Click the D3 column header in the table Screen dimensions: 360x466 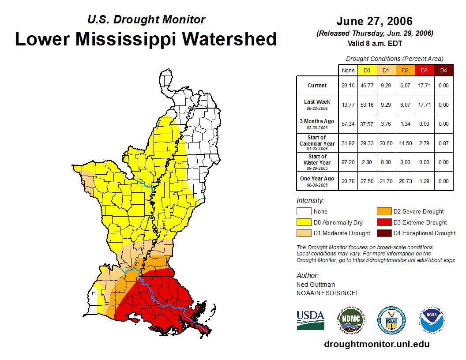tap(424, 70)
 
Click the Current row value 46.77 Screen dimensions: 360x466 tap(367, 86)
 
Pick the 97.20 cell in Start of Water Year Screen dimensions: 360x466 tap(348, 162)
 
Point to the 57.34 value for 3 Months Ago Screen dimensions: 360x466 tap(348, 124)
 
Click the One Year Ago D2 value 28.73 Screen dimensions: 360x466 tap(405, 181)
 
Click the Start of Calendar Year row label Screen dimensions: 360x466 tap(317, 143)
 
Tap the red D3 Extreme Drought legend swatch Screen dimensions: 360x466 tap(384, 222)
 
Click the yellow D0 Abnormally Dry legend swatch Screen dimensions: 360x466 tap(304, 222)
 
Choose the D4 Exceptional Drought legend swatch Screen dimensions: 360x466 tap(384, 233)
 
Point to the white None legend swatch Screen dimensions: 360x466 tap(304, 212)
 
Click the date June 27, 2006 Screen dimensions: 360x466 tap(374, 21)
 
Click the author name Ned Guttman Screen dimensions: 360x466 tap(316, 285)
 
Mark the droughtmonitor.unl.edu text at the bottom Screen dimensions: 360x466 tap(376, 344)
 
